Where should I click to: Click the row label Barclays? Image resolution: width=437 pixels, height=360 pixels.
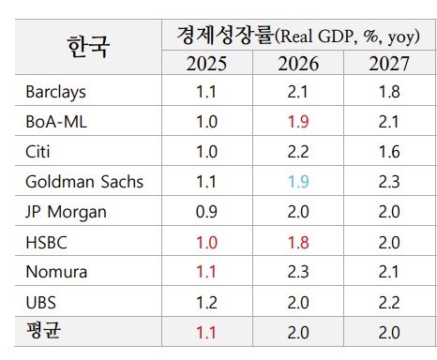click(x=55, y=92)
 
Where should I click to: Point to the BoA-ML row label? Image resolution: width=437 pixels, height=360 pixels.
click(x=57, y=122)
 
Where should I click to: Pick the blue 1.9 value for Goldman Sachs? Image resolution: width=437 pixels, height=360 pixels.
click(x=298, y=181)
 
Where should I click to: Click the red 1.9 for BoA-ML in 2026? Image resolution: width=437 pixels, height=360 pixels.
click(x=298, y=122)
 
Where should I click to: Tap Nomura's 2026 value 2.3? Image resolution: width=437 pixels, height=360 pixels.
click(x=298, y=272)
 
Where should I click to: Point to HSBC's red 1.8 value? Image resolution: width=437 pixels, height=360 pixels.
click(x=298, y=242)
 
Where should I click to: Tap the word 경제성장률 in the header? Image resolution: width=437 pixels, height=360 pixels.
click(x=225, y=35)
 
